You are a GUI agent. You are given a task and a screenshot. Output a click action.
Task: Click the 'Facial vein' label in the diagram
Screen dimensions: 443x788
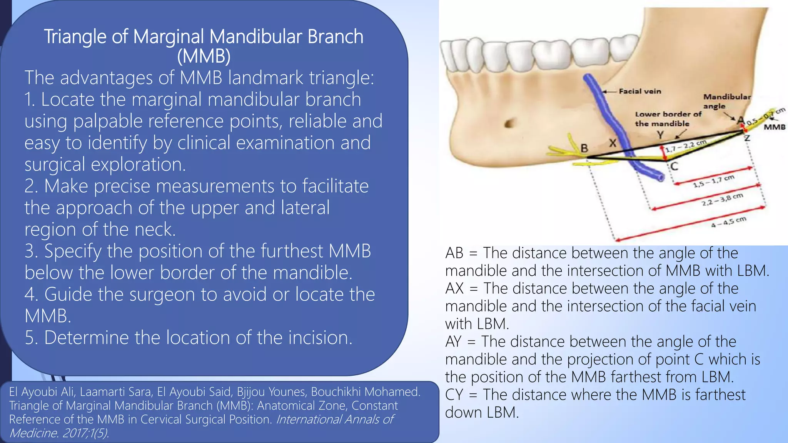640,92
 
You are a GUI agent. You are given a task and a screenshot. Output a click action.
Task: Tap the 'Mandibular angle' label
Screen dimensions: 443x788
726,101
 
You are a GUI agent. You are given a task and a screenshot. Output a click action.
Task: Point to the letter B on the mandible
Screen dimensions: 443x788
584,148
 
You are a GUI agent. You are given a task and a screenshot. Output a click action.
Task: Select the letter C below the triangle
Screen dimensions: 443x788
674,166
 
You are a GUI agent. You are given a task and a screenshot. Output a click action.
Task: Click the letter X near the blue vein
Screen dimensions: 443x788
613,143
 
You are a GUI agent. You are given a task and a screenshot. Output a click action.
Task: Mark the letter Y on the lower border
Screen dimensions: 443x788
660,135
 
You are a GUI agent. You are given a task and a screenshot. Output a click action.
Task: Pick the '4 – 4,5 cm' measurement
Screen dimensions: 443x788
728,222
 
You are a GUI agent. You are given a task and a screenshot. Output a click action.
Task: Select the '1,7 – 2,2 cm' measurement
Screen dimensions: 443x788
686,146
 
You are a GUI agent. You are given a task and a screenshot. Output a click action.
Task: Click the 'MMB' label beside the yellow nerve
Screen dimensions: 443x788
774,127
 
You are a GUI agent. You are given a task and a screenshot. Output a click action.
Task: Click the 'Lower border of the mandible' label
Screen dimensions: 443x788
668,119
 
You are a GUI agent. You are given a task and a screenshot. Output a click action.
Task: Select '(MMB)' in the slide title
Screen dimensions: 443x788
204,56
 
